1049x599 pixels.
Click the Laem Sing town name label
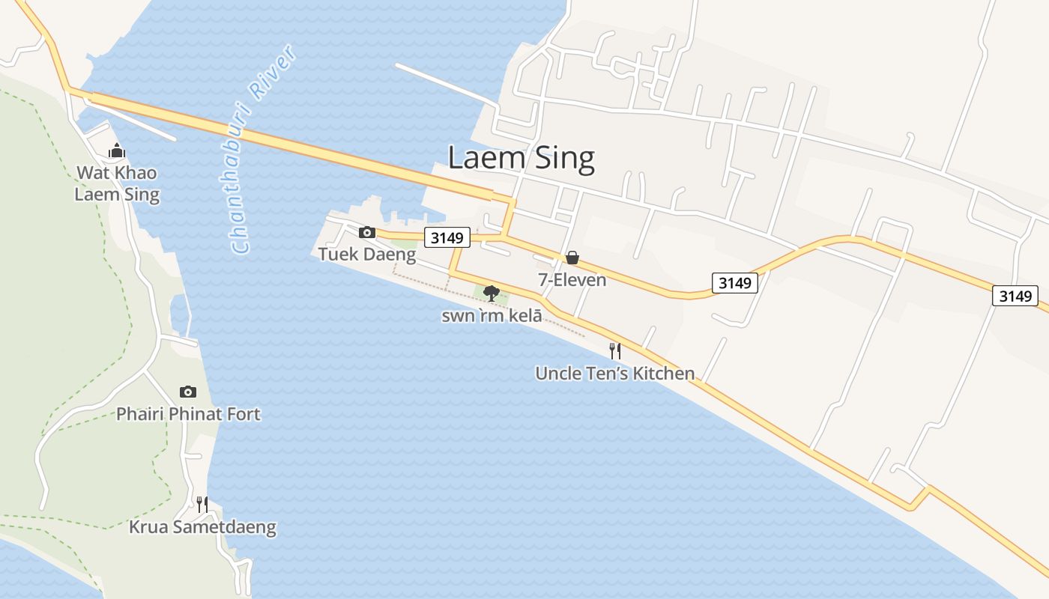[521, 159]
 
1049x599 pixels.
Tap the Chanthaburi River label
[264, 150]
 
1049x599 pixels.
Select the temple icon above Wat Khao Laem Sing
[116, 151]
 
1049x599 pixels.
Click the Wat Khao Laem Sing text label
[116, 184]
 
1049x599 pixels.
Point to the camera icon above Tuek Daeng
[367, 232]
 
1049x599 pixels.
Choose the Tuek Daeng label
[367, 255]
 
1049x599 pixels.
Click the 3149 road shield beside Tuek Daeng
[447, 238]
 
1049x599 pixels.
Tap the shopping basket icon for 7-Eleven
[572, 258]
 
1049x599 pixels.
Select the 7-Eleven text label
[572, 280]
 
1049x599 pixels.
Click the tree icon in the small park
[492, 293]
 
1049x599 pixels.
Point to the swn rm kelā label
[492, 316]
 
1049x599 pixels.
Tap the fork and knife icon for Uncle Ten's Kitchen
[614, 350]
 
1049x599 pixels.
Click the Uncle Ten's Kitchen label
[614, 373]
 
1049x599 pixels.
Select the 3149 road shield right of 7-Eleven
[734, 282]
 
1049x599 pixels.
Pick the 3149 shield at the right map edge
[1015, 296]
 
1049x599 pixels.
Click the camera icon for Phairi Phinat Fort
[188, 392]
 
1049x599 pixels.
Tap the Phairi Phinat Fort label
[188, 414]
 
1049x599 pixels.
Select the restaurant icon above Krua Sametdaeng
[202, 504]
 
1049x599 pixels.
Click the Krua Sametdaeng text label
[202, 527]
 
